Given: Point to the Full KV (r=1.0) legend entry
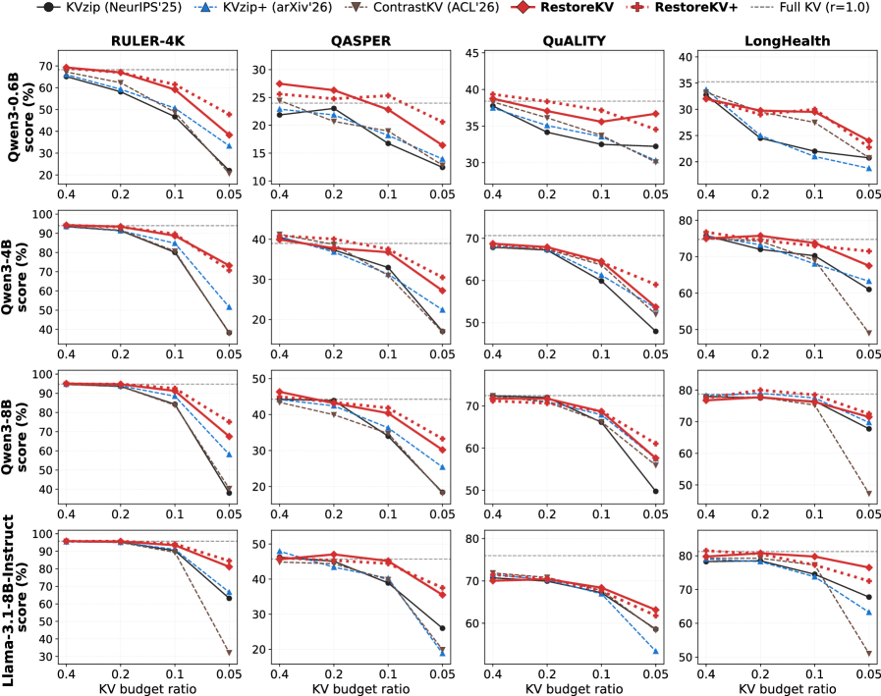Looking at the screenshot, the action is click(818, 7).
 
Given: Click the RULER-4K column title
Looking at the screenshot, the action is click(147, 41).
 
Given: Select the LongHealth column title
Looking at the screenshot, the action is click(787, 41).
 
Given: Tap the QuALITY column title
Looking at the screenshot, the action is click(575, 41).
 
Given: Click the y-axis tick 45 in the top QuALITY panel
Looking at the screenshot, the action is click(472, 53).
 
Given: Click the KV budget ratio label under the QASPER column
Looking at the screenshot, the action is click(361, 689).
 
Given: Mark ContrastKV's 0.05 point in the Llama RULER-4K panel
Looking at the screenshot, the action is click(229, 653).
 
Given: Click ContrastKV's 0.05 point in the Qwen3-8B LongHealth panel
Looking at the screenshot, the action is click(868, 494).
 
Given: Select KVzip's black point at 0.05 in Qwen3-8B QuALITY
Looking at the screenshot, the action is click(656, 492).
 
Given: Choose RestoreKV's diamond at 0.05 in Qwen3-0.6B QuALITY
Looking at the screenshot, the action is click(656, 114).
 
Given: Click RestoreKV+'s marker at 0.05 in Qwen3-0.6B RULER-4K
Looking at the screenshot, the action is click(229, 115).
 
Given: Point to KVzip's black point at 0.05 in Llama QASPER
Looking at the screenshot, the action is click(442, 628).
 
